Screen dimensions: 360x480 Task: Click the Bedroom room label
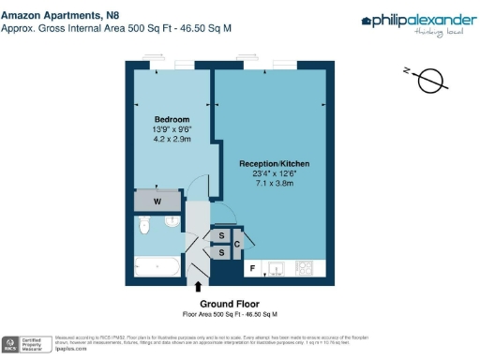[x=172, y=120]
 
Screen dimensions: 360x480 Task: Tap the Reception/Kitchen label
[x=275, y=164]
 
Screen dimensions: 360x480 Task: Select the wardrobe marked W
[x=157, y=200]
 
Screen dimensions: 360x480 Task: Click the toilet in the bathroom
[x=144, y=226]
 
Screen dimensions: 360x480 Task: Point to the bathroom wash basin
[x=172, y=222]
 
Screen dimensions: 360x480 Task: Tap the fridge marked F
[x=251, y=269]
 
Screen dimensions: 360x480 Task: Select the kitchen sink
[x=277, y=269]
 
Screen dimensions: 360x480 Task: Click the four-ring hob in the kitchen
[x=305, y=269]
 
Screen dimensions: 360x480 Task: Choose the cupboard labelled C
[x=237, y=245]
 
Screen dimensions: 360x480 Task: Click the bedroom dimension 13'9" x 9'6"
[x=172, y=130]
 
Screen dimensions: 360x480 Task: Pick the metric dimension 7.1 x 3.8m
[x=275, y=184]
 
